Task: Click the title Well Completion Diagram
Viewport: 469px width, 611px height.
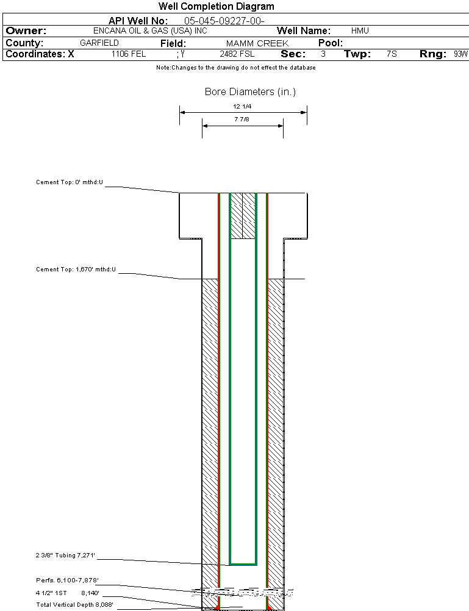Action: (x=216, y=6)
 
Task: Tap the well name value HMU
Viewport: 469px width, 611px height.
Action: (x=360, y=30)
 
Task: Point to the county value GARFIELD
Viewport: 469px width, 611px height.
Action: (x=99, y=43)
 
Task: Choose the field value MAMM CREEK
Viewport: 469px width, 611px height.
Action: (x=257, y=43)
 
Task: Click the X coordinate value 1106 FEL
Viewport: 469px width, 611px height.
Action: (x=129, y=54)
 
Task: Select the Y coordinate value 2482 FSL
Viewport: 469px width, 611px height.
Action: (x=236, y=54)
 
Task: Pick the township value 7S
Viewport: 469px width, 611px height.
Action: (x=392, y=54)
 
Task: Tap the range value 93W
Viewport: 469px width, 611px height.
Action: (x=460, y=54)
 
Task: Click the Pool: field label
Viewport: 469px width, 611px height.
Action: (x=331, y=43)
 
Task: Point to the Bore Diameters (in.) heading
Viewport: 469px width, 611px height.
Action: (x=250, y=92)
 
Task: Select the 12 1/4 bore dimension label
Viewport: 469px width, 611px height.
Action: (x=243, y=107)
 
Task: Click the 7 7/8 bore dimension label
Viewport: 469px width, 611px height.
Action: (x=242, y=120)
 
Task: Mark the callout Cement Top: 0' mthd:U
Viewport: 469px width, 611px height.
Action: (x=70, y=182)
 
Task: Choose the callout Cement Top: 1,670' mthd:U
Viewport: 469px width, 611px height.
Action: (x=76, y=269)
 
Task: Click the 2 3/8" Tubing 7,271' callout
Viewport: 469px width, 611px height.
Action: (x=65, y=556)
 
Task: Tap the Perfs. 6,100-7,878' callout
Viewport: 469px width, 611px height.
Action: (x=67, y=580)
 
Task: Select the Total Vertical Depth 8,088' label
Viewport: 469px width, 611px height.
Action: (x=74, y=604)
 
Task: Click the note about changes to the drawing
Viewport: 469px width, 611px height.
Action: (x=235, y=68)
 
